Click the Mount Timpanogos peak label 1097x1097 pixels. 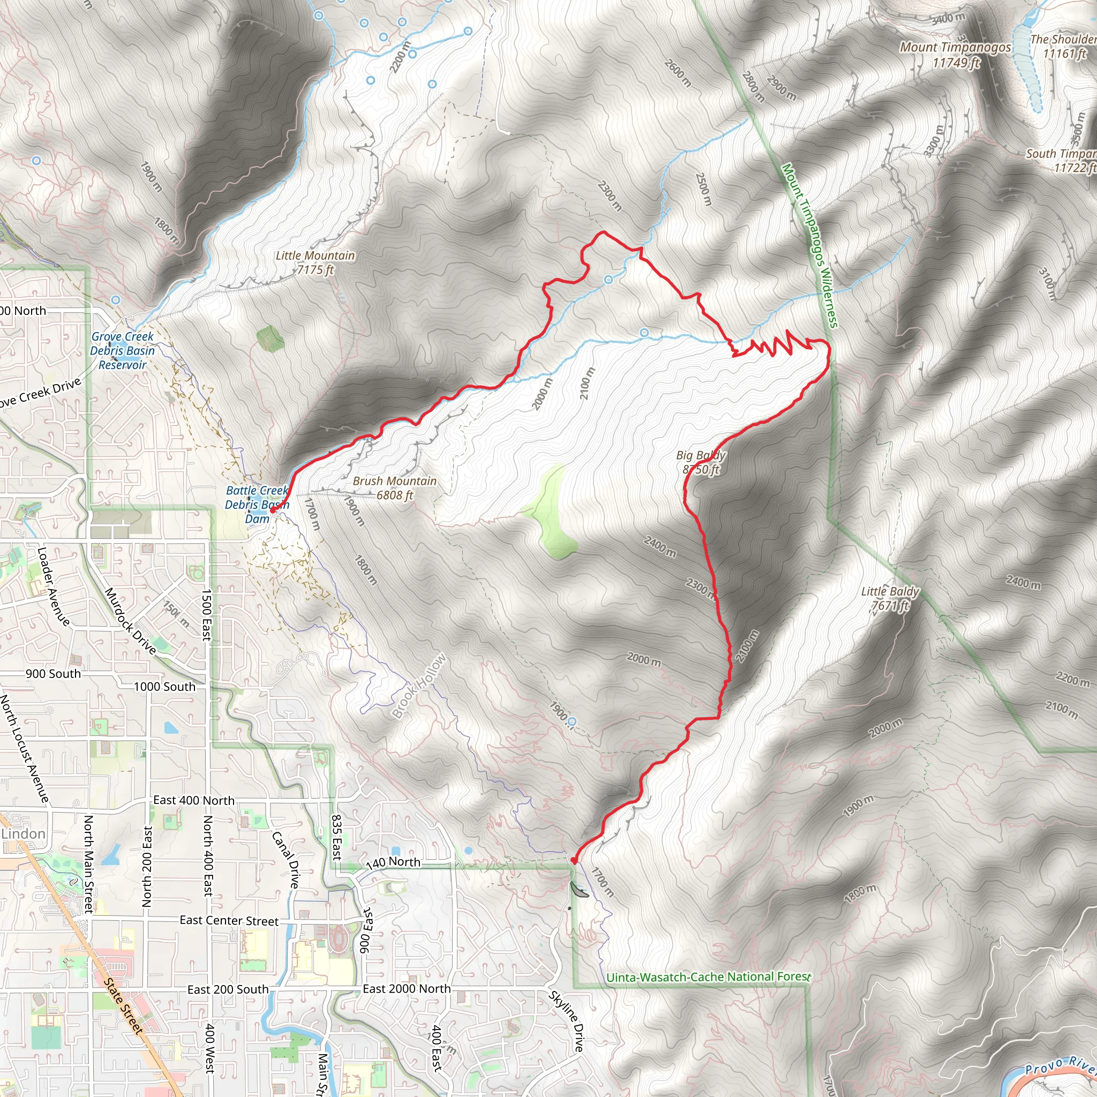[955, 55]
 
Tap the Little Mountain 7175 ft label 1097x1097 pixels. [315, 262]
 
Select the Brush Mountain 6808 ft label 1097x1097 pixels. [395, 488]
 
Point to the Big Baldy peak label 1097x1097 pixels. [701, 462]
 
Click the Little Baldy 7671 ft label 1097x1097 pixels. [890, 598]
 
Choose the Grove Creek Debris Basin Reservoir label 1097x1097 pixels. [122, 350]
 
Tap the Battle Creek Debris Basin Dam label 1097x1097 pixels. [257, 504]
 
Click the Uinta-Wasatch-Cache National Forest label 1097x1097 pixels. [709, 977]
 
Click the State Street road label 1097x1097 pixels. [123, 1005]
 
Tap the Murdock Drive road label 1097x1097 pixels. [130, 621]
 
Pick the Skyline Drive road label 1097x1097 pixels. [566, 1020]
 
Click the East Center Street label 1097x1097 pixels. [229, 920]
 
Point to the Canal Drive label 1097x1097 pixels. [285, 860]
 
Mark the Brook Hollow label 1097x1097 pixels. [419, 686]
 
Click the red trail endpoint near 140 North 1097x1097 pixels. [574, 861]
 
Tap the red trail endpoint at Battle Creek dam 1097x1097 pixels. [273, 510]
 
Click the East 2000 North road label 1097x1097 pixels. [407, 989]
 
